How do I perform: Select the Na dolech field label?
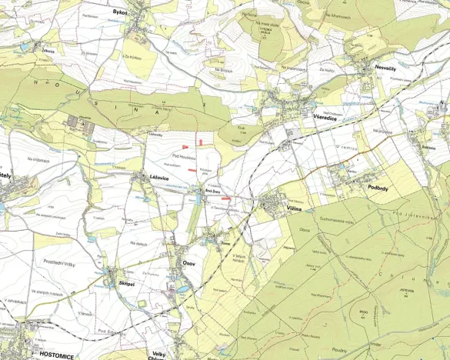pos(138,244)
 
